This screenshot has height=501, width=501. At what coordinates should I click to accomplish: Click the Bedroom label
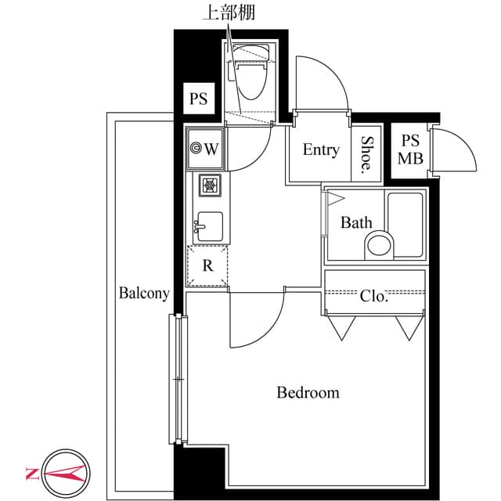point(308,392)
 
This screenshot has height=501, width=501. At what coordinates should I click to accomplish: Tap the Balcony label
point(144,294)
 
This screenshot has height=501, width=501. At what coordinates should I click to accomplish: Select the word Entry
point(321,150)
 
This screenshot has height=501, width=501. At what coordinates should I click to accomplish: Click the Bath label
point(356,223)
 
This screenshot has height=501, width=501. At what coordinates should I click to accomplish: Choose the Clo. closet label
point(374,296)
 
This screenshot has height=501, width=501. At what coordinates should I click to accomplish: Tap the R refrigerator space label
point(207,265)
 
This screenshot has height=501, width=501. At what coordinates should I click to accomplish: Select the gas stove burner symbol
point(210,186)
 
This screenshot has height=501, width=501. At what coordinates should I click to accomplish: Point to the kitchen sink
point(209,227)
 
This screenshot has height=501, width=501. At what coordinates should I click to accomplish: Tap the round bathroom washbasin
point(380,244)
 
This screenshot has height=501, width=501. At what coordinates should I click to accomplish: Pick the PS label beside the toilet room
point(198,99)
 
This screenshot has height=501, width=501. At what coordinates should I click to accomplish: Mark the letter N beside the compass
point(32,473)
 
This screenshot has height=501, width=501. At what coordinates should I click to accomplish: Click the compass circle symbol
point(67,473)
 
